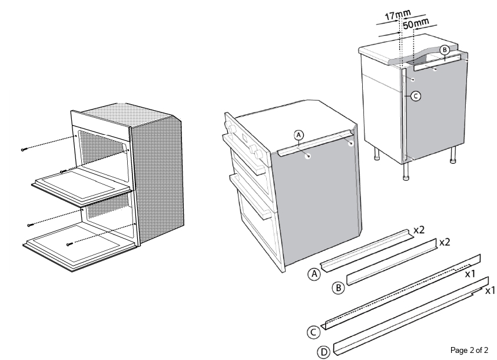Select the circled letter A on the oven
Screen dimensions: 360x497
[x=299, y=135]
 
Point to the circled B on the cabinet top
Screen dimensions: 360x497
[x=445, y=49]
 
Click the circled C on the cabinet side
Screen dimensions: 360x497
[x=416, y=95]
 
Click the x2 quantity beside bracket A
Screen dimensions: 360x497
[x=418, y=230]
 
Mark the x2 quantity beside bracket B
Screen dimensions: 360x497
[x=445, y=242]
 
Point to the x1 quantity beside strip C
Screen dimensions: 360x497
[x=471, y=275]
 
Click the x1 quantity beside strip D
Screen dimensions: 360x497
[x=489, y=290]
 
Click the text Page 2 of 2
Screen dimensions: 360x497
[x=469, y=350]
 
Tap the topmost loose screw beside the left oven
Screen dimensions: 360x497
[x=24, y=150]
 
